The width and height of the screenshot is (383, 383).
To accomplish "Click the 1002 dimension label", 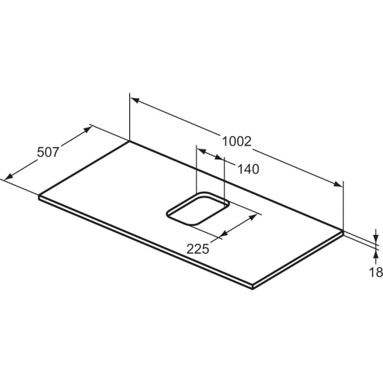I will [236, 141].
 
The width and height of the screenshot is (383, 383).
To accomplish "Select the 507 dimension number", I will [48, 153].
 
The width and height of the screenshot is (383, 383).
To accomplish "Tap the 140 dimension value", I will [248, 170].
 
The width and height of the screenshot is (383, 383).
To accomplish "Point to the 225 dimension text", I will [198, 249].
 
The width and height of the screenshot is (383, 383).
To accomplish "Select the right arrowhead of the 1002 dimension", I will [338, 184].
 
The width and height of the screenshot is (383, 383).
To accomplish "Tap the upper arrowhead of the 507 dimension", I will [88, 129].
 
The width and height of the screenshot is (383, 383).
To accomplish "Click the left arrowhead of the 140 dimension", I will [200, 149].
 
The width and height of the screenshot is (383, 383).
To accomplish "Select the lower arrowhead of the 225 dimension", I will [219, 236].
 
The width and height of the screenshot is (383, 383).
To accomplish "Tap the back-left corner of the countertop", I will [130, 141].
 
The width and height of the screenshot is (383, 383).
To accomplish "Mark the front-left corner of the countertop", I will [39, 195].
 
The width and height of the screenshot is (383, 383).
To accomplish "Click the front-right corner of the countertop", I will [252, 286].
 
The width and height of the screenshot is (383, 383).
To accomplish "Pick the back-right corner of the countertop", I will [343, 231].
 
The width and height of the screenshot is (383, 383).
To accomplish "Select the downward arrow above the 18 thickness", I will [376, 236].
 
